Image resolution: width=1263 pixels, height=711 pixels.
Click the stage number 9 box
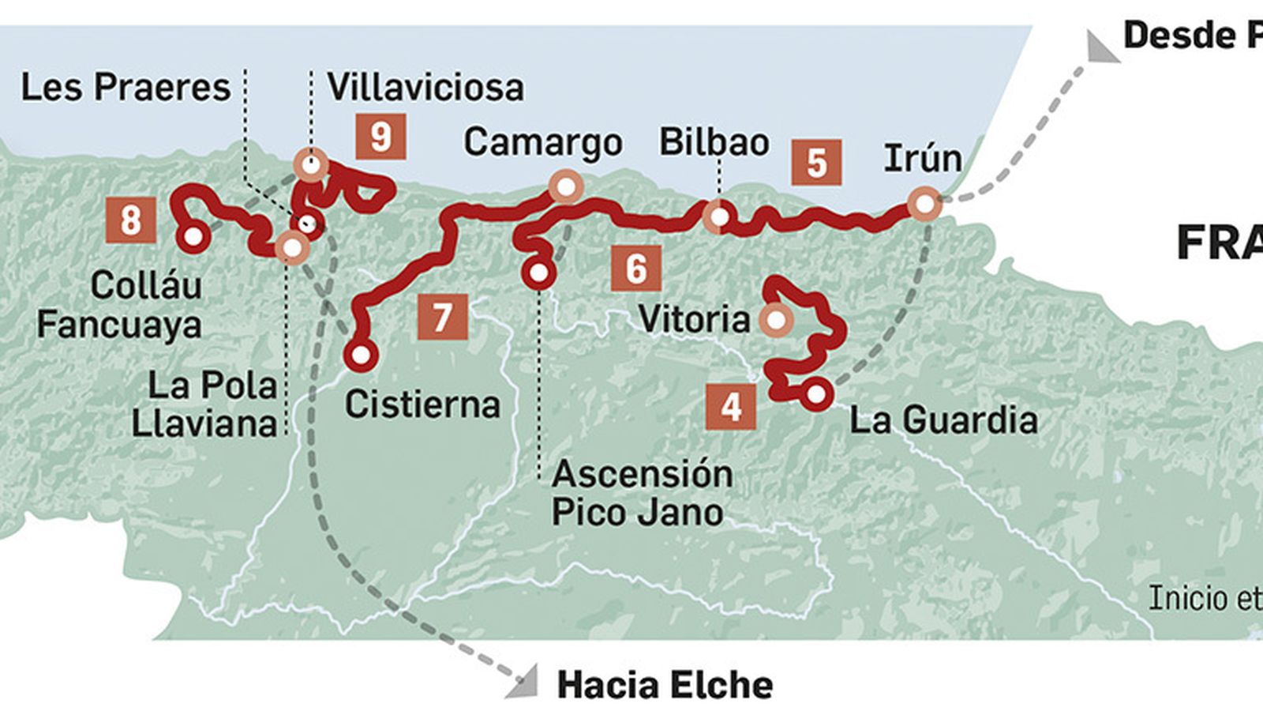point(380,137)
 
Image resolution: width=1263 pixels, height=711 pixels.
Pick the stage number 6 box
point(636,269)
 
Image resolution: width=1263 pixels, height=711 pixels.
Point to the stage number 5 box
point(816,163)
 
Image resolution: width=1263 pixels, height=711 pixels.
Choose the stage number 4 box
point(732,407)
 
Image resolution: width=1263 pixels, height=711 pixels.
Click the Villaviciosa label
point(425,88)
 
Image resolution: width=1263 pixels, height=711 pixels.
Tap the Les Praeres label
point(126,88)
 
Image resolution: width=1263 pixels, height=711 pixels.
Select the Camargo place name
point(543,143)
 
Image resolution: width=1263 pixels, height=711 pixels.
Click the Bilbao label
point(714,143)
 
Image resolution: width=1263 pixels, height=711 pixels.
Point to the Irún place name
point(922,159)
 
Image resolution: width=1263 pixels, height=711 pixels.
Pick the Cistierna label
point(422,405)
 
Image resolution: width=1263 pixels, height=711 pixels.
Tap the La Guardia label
point(943,419)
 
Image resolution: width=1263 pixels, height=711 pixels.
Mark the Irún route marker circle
point(924,204)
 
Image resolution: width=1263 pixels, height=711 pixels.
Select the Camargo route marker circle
point(566,187)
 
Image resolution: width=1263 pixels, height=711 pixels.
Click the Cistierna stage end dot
point(361,355)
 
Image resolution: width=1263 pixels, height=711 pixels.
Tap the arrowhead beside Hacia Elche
point(521,684)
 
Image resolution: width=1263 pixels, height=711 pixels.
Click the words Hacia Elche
point(665,685)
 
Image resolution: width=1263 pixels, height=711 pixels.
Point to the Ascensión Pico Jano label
point(641,493)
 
